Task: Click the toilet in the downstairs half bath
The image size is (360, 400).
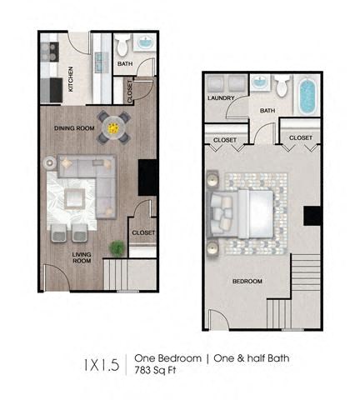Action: [x=122, y=45]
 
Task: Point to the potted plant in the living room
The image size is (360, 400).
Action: [x=117, y=247]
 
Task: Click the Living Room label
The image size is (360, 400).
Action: [x=81, y=257]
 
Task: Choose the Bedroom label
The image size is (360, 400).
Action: [x=247, y=282]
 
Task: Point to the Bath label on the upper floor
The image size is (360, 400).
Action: [x=267, y=110]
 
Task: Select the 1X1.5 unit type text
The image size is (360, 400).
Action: [x=102, y=364]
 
